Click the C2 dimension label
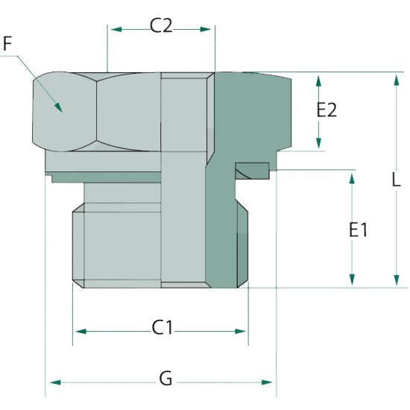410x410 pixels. point(161,26)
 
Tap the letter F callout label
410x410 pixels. point(7,44)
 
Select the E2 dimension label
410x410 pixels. point(327,110)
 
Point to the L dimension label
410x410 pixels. point(397,180)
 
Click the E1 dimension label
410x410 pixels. point(359,230)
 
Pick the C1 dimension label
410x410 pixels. point(163,328)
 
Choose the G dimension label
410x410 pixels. point(166,379)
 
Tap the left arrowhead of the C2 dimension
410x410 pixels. point(116,29)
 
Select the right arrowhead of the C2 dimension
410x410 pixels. point(205,29)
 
